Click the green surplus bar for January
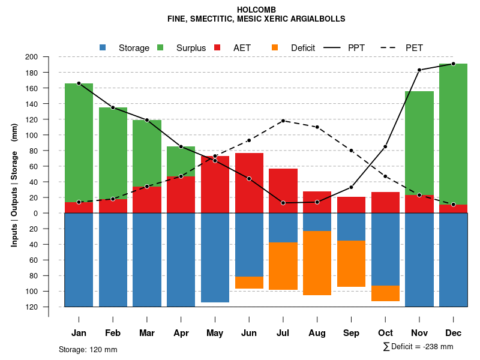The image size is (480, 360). click(79, 143)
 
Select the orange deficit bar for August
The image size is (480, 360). click(317, 263)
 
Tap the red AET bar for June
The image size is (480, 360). click(249, 183)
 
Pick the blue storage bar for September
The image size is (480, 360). click(351, 227)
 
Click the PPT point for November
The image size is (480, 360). click(419, 70)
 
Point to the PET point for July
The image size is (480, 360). click(283, 121)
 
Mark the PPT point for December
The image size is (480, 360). click(453, 64)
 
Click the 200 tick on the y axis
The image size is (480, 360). click(47, 57)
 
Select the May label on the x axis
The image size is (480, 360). click(215, 333)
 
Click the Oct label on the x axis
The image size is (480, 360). click(385, 333)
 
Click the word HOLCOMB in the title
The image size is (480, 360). click(256, 10)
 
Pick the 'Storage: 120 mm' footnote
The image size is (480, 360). click(88, 349)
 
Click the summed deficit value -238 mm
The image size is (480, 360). click(438, 346)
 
